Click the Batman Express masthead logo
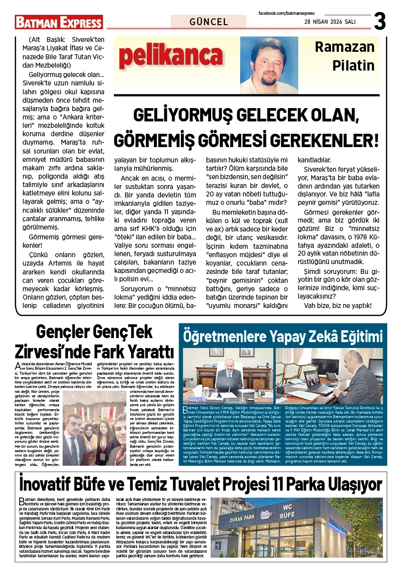point(59,22)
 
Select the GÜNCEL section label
point(209,22)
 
